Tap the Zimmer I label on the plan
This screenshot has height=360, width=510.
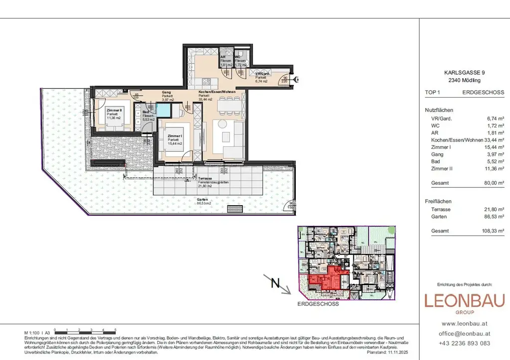click(174, 136)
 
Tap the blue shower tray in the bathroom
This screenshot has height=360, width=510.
click(162, 110)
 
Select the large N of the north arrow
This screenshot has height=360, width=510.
click(274, 284)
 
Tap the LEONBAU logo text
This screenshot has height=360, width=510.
click(464, 301)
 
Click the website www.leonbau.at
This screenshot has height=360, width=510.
click(464, 324)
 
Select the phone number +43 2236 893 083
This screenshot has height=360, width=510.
click(464, 343)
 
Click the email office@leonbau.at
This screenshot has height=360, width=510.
click(464, 333)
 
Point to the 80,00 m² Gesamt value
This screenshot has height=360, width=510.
click(493, 183)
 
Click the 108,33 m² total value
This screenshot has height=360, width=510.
click(492, 231)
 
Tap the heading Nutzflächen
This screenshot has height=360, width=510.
click(439, 110)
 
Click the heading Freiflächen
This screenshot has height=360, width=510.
click(438, 201)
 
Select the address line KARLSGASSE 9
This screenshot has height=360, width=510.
click(464, 72)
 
